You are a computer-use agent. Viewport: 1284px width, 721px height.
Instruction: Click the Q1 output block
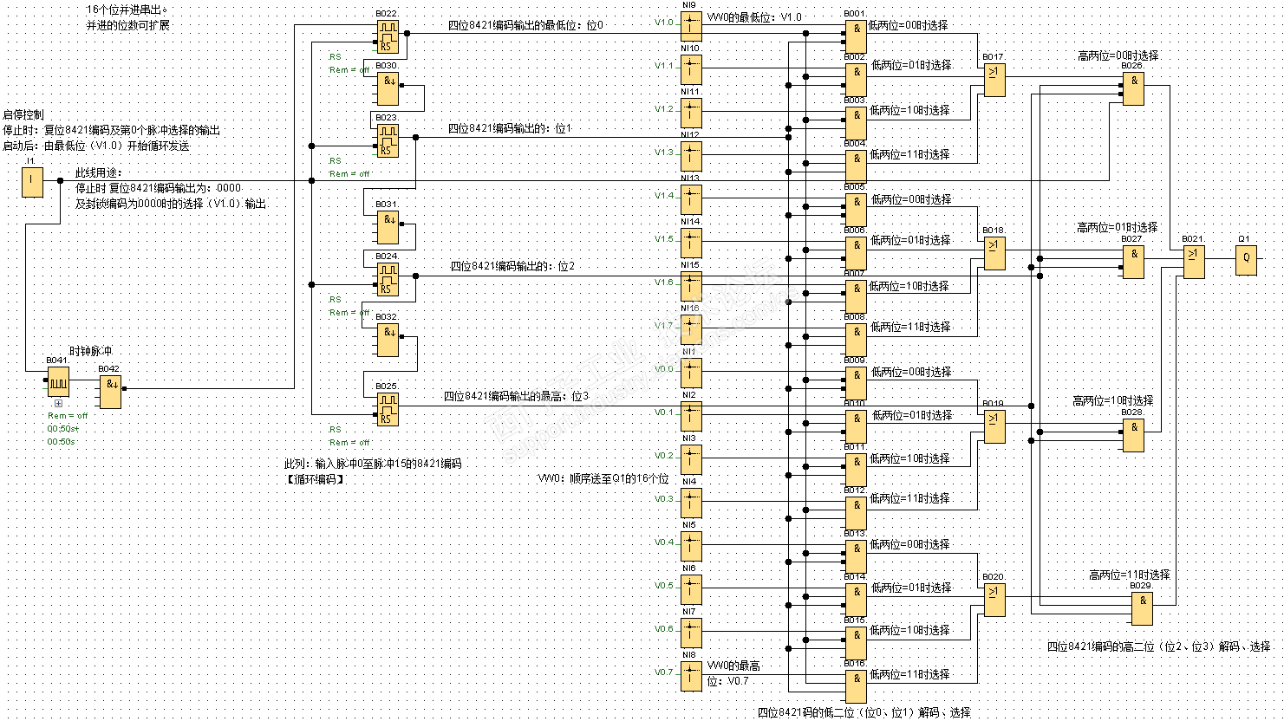(1246, 259)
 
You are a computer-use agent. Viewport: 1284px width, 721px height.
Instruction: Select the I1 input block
(32, 181)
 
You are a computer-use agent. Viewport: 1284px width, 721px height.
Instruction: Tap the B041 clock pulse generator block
(58, 381)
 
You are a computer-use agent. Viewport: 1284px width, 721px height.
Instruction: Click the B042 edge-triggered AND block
(110, 393)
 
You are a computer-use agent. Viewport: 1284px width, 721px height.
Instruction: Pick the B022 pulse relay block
(387, 36)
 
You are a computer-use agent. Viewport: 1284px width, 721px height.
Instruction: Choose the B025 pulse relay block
(387, 409)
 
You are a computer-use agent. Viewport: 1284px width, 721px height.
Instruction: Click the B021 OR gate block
(1194, 262)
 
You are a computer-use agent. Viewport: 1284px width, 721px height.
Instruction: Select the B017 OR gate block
(994, 80)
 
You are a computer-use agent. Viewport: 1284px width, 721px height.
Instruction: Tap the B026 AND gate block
(1133, 88)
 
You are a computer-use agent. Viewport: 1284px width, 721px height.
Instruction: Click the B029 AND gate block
(1142, 608)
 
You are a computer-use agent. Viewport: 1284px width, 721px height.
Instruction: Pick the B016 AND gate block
(856, 685)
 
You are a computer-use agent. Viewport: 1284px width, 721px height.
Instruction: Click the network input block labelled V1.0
(691, 26)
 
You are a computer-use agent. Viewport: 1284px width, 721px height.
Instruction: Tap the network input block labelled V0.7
(691, 676)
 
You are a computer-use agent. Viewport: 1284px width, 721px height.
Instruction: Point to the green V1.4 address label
(663, 196)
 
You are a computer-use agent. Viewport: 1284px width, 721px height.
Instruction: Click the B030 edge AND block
(387, 88)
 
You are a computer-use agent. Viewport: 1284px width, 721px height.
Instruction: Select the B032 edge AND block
(387, 340)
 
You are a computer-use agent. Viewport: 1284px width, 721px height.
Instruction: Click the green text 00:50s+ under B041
(62, 429)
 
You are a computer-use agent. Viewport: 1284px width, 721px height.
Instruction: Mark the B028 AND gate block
(1133, 435)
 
